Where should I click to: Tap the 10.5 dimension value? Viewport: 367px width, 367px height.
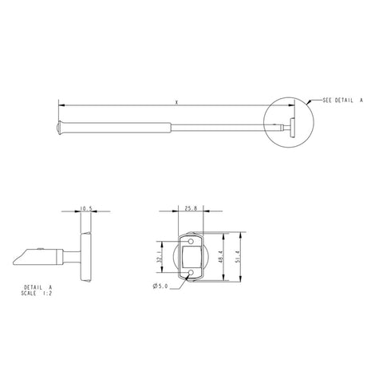click(x=86, y=210)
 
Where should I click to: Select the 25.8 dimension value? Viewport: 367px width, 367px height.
click(x=191, y=210)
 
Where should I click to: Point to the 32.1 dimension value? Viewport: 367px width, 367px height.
click(x=160, y=259)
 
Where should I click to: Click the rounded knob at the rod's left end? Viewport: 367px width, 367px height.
click(x=61, y=126)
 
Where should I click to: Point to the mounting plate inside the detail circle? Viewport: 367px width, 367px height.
click(x=291, y=126)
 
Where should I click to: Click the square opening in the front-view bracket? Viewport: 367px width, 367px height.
click(x=191, y=258)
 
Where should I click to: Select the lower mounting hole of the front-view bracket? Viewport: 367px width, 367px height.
click(x=191, y=275)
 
